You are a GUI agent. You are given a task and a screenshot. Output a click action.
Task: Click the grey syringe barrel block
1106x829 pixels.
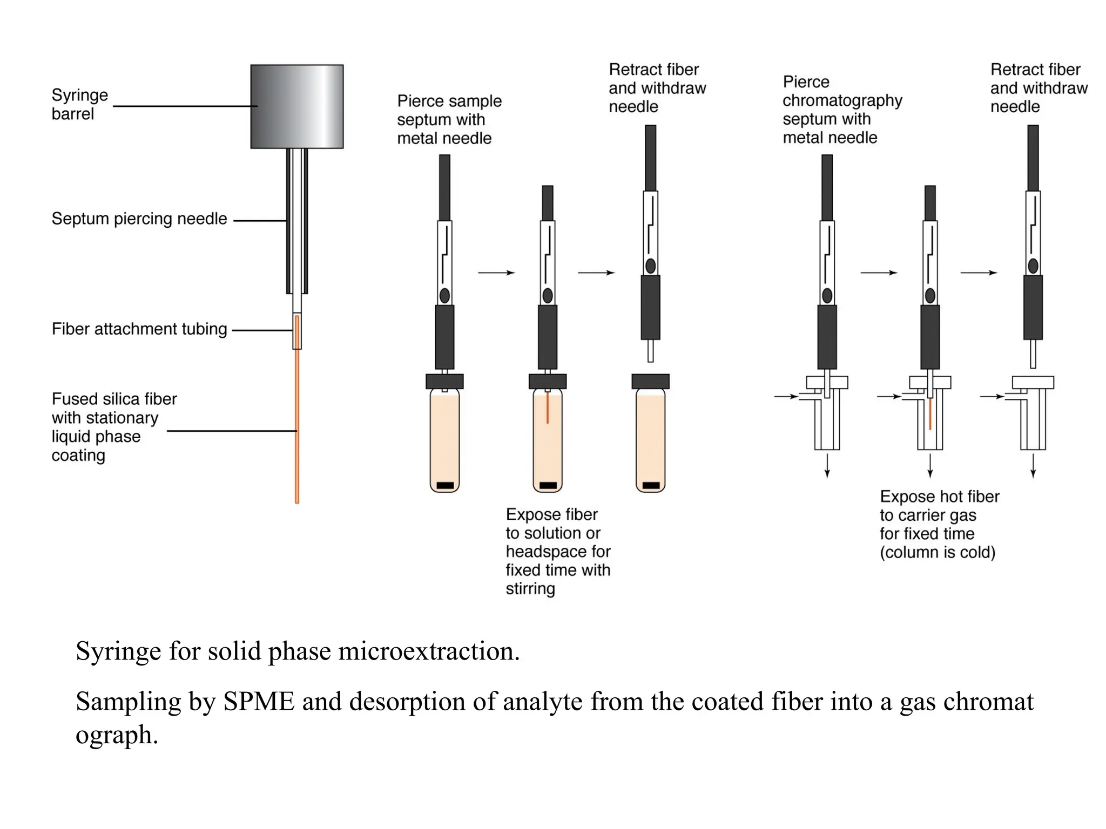296,106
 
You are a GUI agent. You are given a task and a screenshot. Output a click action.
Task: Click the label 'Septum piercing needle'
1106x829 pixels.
139,219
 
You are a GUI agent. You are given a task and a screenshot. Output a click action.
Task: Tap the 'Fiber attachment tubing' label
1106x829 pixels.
139,329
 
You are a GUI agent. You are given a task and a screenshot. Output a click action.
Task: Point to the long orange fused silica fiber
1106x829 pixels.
296,432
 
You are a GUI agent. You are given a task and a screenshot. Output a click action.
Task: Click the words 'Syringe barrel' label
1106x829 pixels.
79,104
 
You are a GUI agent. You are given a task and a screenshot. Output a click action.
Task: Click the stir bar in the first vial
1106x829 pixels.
444,485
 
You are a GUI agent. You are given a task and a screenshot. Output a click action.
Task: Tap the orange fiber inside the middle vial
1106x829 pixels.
547,409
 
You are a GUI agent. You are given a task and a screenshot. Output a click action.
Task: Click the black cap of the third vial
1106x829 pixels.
650,381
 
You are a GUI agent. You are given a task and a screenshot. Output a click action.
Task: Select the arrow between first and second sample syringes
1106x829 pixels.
496,273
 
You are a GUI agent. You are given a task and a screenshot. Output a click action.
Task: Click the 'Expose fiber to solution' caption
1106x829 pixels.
557,551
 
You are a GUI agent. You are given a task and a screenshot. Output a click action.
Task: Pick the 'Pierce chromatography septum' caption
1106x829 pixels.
841,110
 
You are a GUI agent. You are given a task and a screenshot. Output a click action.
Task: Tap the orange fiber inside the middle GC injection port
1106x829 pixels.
930,414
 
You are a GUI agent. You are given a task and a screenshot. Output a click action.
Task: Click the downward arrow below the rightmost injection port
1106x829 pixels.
1033,466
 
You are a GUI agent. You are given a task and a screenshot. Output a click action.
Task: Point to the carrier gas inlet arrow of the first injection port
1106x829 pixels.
786,396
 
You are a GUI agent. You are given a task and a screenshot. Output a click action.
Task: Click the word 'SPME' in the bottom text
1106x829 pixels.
259,702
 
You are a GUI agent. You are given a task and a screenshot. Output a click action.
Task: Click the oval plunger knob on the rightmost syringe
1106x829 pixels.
1033,266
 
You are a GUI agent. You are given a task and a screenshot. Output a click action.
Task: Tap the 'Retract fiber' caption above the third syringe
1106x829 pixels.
657,88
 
